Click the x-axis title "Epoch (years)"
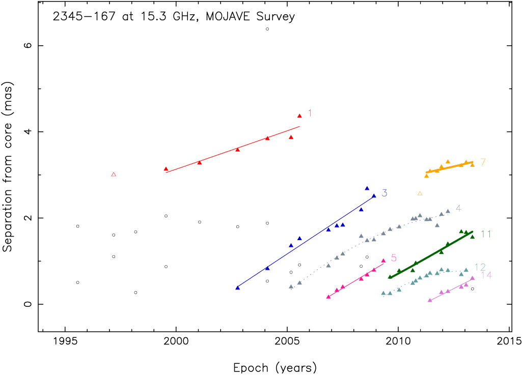pyautogui.click(x=274, y=367)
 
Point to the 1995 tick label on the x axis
pyautogui.click(x=65, y=341)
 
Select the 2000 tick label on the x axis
pyautogui.click(x=176, y=341)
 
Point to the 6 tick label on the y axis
pyautogui.click(x=27, y=45)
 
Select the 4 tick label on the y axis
pyautogui.click(x=27, y=132)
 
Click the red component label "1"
pyautogui.click(x=310, y=113)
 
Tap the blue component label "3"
pyautogui.click(x=384, y=193)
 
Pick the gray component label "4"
pyautogui.click(x=458, y=208)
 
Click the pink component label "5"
pyautogui.click(x=394, y=258)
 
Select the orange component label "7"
pyautogui.click(x=483, y=162)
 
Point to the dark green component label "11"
pyautogui.click(x=485, y=234)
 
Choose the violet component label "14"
pyautogui.click(x=486, y=275)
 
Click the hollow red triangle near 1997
pyautogui.click(x=114, y=175)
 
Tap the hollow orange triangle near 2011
pyautogui.click(x=420, y=193)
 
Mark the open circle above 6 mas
pyautogui.click(x=267, y=29)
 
